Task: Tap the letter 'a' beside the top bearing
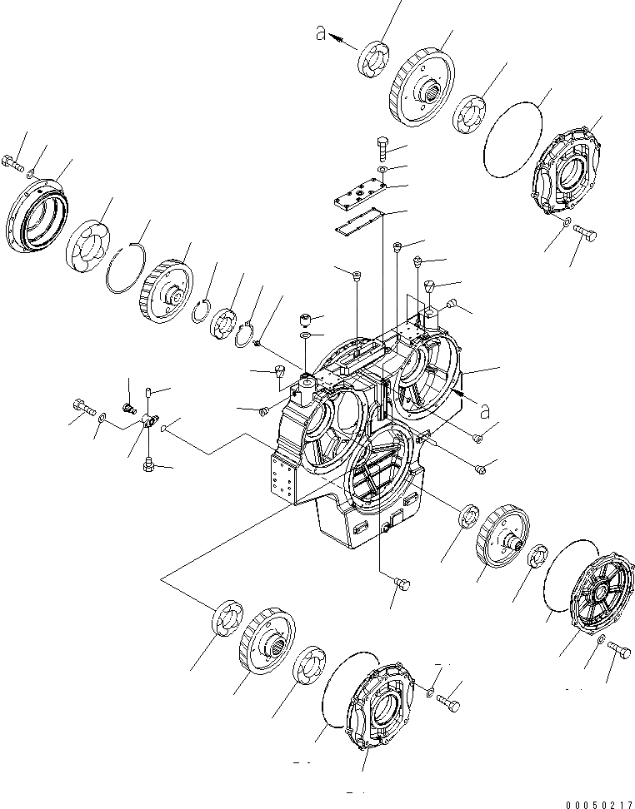319,33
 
